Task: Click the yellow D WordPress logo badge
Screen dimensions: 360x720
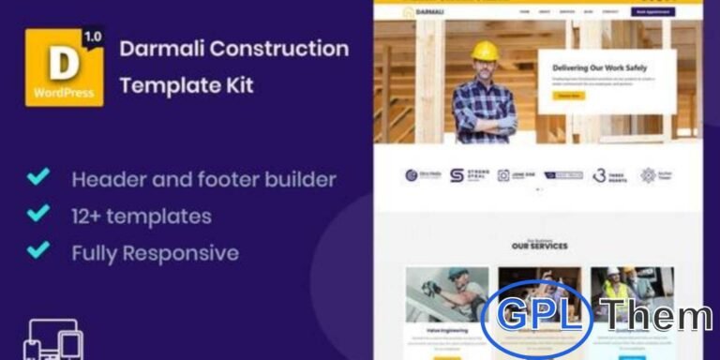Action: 64,67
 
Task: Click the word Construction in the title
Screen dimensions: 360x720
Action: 288,49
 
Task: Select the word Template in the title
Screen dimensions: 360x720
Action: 159,86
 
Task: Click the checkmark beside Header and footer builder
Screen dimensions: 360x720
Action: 37,176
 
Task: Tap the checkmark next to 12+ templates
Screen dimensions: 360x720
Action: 37,214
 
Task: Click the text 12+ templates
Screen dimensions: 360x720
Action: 141,216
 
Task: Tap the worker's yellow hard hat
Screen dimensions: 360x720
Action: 485,51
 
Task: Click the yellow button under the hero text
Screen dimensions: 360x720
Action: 568,95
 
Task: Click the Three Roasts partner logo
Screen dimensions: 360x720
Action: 610,175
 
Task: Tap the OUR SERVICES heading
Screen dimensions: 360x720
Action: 539,246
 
